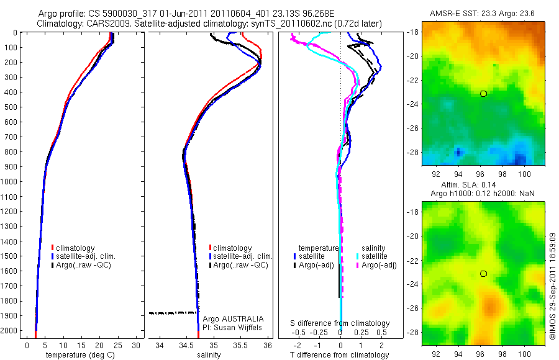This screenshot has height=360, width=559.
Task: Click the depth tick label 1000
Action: (9, 182)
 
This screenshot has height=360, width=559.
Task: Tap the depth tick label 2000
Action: (9, 331)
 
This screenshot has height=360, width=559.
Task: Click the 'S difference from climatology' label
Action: (340, 323)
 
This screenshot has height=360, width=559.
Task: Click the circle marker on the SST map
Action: (483, 93)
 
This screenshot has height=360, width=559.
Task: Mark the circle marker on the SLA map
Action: (483, 274)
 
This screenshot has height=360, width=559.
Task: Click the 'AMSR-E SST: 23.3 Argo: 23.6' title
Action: (481, 14)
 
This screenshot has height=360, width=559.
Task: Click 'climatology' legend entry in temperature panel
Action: (76, 248)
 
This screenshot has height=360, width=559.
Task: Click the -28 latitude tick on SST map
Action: (413, 151)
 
